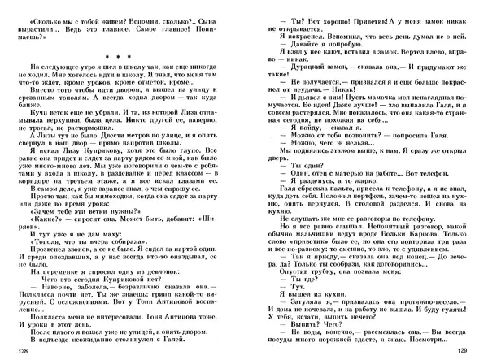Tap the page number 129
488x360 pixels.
[x=463, y=350]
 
